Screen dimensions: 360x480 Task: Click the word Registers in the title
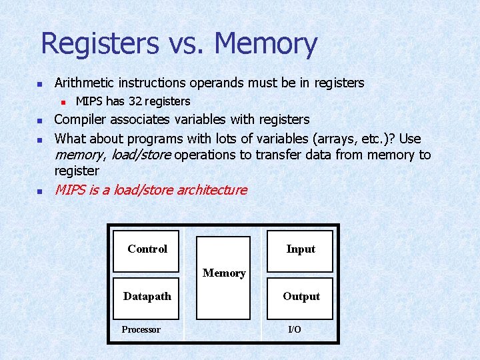pos(100,44)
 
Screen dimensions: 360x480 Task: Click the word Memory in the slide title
pos(266,44)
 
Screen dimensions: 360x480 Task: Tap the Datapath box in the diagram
pos(147,296)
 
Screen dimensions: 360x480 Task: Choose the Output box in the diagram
pos(301,296)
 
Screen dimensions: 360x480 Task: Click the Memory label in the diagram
pos(224,273)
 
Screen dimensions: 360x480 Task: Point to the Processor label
pos(141,329)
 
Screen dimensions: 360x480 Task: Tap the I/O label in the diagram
pos(294,329)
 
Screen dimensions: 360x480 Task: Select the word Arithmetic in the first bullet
pos(85,83)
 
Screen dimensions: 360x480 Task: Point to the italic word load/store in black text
pos(141,155)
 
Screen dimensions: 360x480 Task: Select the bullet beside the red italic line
pos(39,191)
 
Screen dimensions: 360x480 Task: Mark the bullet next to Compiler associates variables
pos(39,121)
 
